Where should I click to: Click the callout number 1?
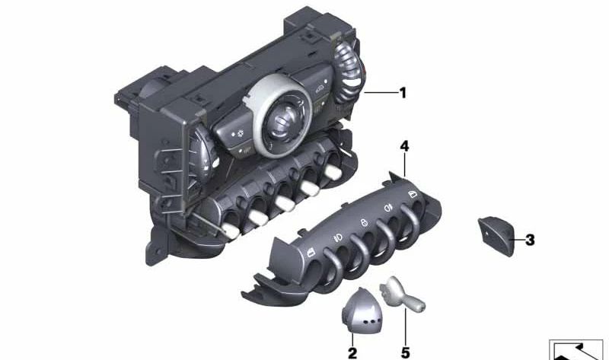pyautogui.click(x=403, y=94)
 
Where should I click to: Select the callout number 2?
pyautogui.click(x=352, y=352)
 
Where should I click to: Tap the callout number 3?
pyautogui.click(x=530, y=241)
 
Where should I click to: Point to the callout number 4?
pyautogui.click(x=405, y=145)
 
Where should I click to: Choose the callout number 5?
pyautogui.click(x=405, y=352)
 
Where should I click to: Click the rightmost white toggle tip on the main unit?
pyautogui.click(x=331, y=176)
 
